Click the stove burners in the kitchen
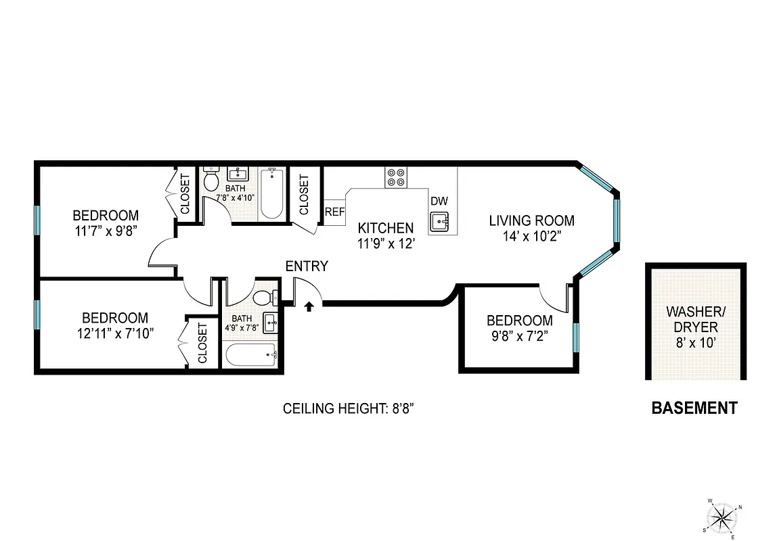point(396,177)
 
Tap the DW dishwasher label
point(439,201)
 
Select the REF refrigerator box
point(334,211)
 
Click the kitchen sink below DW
point(439,221)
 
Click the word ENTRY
point(307,266)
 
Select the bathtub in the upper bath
point(272,194)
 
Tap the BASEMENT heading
point(694,408)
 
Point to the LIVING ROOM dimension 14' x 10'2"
point(531,236)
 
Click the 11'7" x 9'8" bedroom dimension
point(105,231)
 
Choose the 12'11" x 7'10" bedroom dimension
point(114,333)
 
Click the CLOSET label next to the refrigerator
point(304,194)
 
